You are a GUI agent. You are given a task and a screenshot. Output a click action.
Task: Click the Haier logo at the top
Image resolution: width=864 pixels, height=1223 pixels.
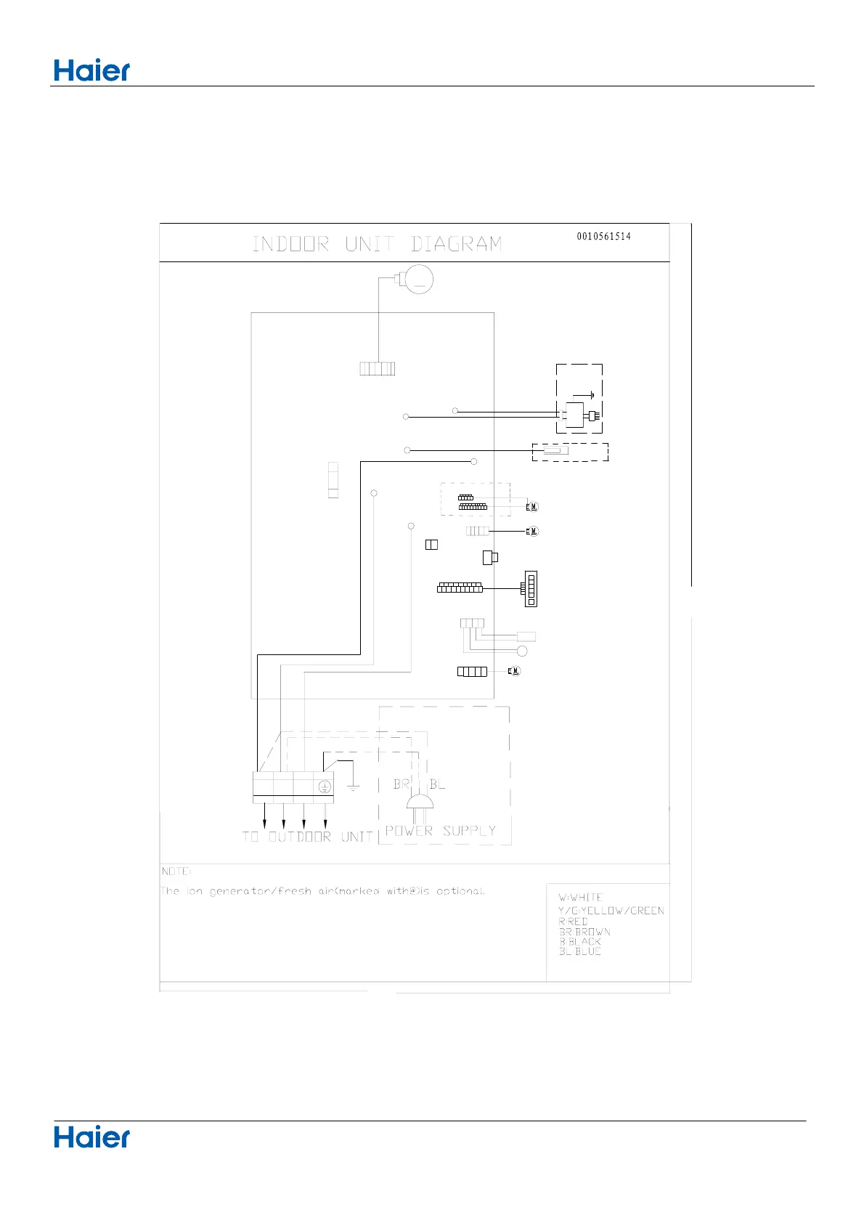[91, 70]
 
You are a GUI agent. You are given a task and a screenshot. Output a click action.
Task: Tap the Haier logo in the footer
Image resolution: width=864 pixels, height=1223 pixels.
[91, 1137]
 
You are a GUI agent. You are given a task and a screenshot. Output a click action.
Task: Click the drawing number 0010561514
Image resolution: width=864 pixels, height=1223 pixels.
[603, 237]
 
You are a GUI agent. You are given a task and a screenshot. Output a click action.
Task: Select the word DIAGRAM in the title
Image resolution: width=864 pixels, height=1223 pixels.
[456, 244]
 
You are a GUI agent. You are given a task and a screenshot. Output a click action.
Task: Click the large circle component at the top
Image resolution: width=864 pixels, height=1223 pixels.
[418, 280]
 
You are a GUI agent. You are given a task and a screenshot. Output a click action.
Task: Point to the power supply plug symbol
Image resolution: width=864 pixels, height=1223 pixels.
[420, 803]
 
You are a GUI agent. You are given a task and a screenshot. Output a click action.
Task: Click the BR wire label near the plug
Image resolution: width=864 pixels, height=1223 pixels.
[401, 784]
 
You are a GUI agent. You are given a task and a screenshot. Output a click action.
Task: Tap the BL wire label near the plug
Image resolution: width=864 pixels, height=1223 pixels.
[437, 784]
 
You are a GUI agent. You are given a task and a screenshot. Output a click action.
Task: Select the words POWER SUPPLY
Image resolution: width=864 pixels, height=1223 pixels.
[440, 831]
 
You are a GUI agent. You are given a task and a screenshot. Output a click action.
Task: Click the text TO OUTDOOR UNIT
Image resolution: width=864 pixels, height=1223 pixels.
[307, 837]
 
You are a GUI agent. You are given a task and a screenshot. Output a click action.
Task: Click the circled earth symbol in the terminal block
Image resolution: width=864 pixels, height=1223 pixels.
[325, 787]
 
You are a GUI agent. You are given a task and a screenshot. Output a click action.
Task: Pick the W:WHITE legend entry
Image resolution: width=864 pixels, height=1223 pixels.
[580, 898]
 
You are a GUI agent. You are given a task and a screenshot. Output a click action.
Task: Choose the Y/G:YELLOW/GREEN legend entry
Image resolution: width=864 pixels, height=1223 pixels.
[611, 911]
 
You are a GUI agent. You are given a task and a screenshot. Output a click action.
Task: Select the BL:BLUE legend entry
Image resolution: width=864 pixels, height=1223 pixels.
[579, 951]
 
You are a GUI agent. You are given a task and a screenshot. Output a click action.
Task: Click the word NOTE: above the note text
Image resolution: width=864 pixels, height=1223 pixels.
[176, 871]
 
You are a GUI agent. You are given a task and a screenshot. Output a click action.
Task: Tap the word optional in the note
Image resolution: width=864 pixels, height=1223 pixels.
[460, 891]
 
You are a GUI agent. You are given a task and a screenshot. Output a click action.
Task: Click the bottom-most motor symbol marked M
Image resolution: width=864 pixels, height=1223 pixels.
[514, 671]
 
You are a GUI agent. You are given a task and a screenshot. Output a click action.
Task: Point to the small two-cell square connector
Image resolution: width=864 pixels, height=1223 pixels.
[431, 545]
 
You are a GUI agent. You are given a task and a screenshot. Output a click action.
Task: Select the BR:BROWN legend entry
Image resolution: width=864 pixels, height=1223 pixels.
[584, 932]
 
